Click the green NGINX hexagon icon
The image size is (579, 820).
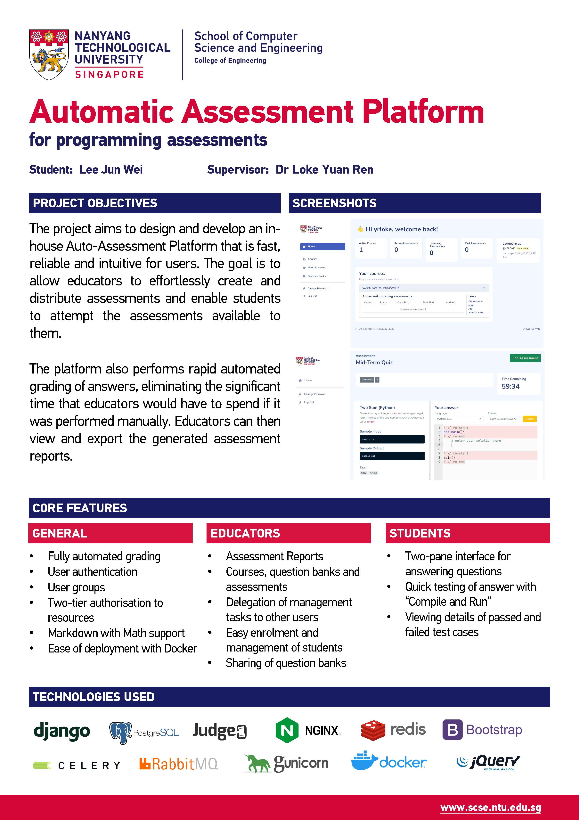point(287,730)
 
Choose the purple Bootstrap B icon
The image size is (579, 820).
point(452,730)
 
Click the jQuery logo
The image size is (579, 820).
point(488,763)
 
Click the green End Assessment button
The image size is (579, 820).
point(525,358)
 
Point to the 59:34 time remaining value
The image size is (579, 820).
point(510,386)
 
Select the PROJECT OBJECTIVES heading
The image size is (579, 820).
point(95,203)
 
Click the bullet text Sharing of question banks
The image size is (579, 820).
point(286,663)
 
